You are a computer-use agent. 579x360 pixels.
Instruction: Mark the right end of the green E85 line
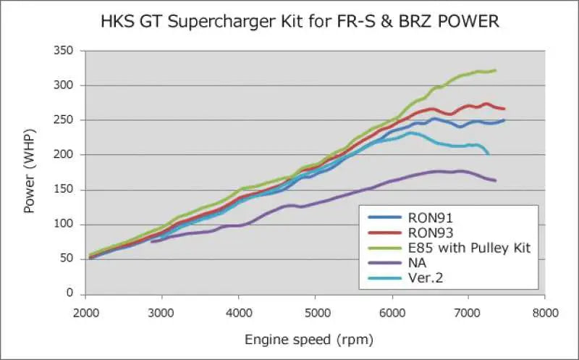(x=496, y=70)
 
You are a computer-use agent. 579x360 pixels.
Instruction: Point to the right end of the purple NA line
(x=496, y=180)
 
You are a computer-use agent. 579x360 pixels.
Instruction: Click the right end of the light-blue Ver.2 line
(x=489, y=154)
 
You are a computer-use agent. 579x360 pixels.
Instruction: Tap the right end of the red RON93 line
(x=504, y=109)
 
